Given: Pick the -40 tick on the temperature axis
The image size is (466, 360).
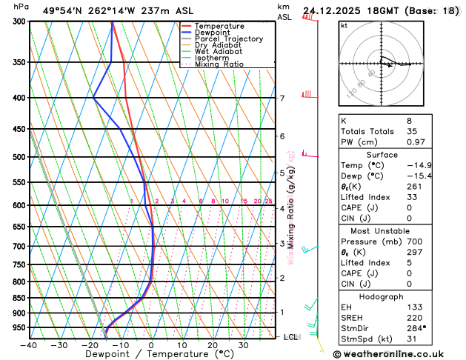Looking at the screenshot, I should click(x=30, y=345).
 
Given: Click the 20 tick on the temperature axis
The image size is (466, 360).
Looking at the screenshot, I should click(x=213, y=345).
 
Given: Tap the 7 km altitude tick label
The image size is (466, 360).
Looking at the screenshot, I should click(x=282, y=98).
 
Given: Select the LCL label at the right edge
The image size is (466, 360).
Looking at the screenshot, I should click(x=291, y=337).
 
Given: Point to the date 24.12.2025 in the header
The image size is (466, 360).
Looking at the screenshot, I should click(x=339, y=10).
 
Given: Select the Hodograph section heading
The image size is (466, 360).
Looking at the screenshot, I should click(x=397, y=296).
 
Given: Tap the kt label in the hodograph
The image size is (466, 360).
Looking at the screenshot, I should click(x=344, y=25).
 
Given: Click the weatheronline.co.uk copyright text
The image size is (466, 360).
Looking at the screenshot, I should click(x=398, y=354).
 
